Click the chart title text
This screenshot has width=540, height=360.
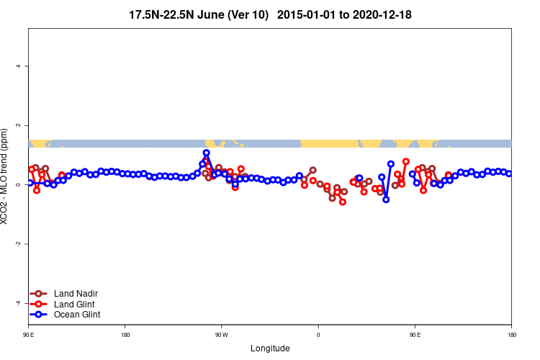point(270,14)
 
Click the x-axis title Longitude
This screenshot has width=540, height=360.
point(270,348)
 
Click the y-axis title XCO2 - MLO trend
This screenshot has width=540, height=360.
point(6,176)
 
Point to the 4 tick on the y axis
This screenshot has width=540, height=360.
point(18,66)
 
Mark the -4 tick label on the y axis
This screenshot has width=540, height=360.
point(18,303)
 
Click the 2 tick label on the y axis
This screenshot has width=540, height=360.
point(18,125)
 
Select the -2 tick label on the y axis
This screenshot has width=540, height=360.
point(18,244)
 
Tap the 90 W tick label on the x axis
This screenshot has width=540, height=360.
point(221,335)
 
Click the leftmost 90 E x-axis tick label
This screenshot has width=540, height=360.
point(28,335)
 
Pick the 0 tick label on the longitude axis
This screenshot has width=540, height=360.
point(318,335)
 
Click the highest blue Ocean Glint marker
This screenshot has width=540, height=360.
point(206,153)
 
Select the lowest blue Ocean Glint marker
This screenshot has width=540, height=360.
point(386,199)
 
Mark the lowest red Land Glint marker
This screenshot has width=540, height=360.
point(343,202)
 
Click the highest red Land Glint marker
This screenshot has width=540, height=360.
point(406,161)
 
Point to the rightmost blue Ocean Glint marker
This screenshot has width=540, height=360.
point(509,174)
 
